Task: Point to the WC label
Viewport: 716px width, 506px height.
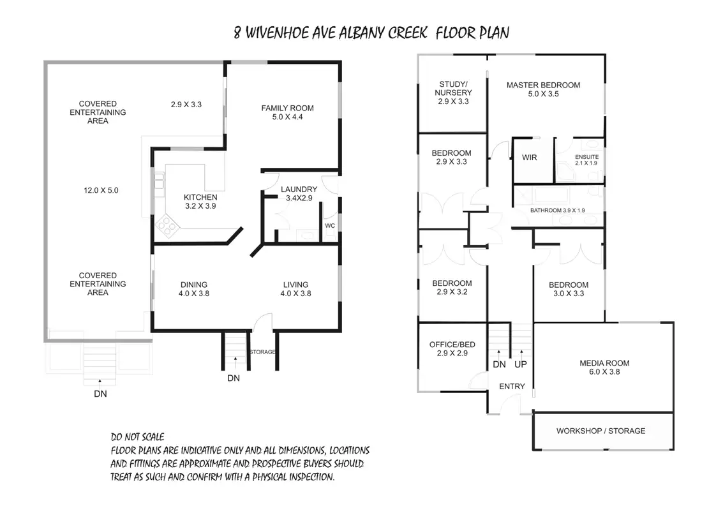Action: point(330,226)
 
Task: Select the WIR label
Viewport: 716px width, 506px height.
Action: point(530,157)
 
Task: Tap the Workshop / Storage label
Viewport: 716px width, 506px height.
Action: point(600,431)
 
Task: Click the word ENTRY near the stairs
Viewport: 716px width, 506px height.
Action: point(512,387)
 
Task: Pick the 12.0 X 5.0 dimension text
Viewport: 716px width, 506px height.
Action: point(101,190)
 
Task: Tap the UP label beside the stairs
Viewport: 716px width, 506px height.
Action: point(521,364)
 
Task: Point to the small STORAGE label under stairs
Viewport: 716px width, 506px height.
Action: point(262,352)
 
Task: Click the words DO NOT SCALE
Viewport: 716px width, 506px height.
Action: point(137,437)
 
